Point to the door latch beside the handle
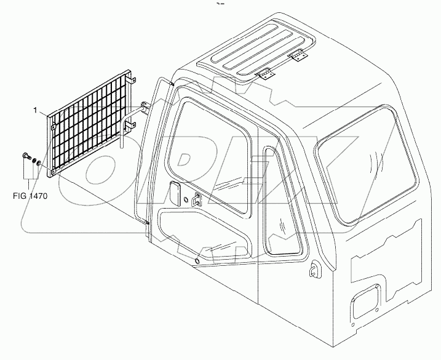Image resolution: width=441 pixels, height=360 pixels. coord(197,199)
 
